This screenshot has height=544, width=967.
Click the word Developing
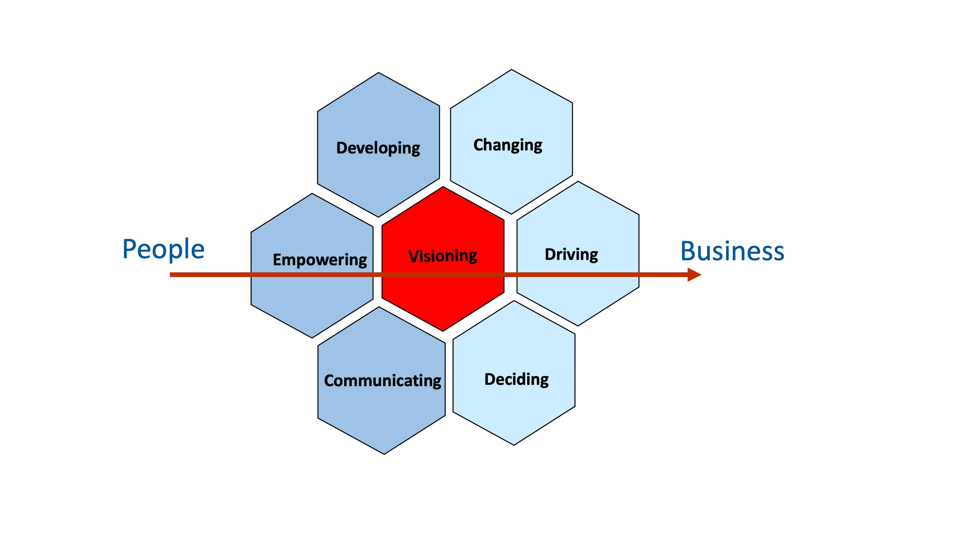tap(378, 148)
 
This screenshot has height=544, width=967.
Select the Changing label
tap(508, 145)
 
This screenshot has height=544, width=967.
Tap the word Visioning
tap(443, 256)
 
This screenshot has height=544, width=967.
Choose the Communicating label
tap(382, 381)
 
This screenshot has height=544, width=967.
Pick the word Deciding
tap(516, 379)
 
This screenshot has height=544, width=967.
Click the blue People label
tap(163, 249)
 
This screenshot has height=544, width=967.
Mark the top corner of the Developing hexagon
tap(378, 73)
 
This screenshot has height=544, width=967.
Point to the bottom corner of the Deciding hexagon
tap(513, 445)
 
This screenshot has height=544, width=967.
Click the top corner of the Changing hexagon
tap(511, 70)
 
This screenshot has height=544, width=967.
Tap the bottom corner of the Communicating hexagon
tap(384, 454)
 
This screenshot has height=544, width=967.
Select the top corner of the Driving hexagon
tap(578, 182)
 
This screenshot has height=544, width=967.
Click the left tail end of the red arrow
tap(171, 275)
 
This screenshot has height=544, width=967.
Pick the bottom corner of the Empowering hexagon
tap(312, 337)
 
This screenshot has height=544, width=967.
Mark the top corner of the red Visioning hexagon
tap(443, 187)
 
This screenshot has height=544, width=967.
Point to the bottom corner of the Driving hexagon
tap(578, 325)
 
